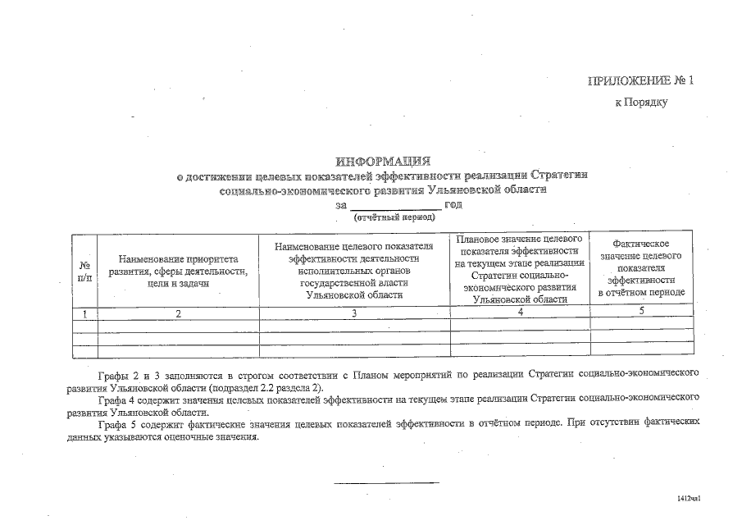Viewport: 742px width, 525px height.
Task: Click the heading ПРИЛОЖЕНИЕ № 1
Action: click(640, 80)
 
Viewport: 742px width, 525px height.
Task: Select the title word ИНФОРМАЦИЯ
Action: click(383, 161)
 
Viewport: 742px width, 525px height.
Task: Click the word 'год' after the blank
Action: click(453, 204)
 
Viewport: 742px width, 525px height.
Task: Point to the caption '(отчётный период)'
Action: click(394, 217)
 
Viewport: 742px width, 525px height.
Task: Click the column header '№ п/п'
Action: click(84, 272)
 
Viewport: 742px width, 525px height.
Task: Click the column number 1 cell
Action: click(84, 313)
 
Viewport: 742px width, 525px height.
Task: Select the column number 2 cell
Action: click(178, 313)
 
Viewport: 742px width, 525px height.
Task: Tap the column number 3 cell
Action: click(354, 313)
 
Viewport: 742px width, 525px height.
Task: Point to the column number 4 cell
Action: click(520, 312)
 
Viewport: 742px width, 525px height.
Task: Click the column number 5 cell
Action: click(641, 311)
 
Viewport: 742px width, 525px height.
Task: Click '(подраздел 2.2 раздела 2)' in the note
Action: click(267, 386)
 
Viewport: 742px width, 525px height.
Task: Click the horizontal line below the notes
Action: click(386, 482)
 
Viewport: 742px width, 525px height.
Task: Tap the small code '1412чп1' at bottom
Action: click(689, 498)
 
